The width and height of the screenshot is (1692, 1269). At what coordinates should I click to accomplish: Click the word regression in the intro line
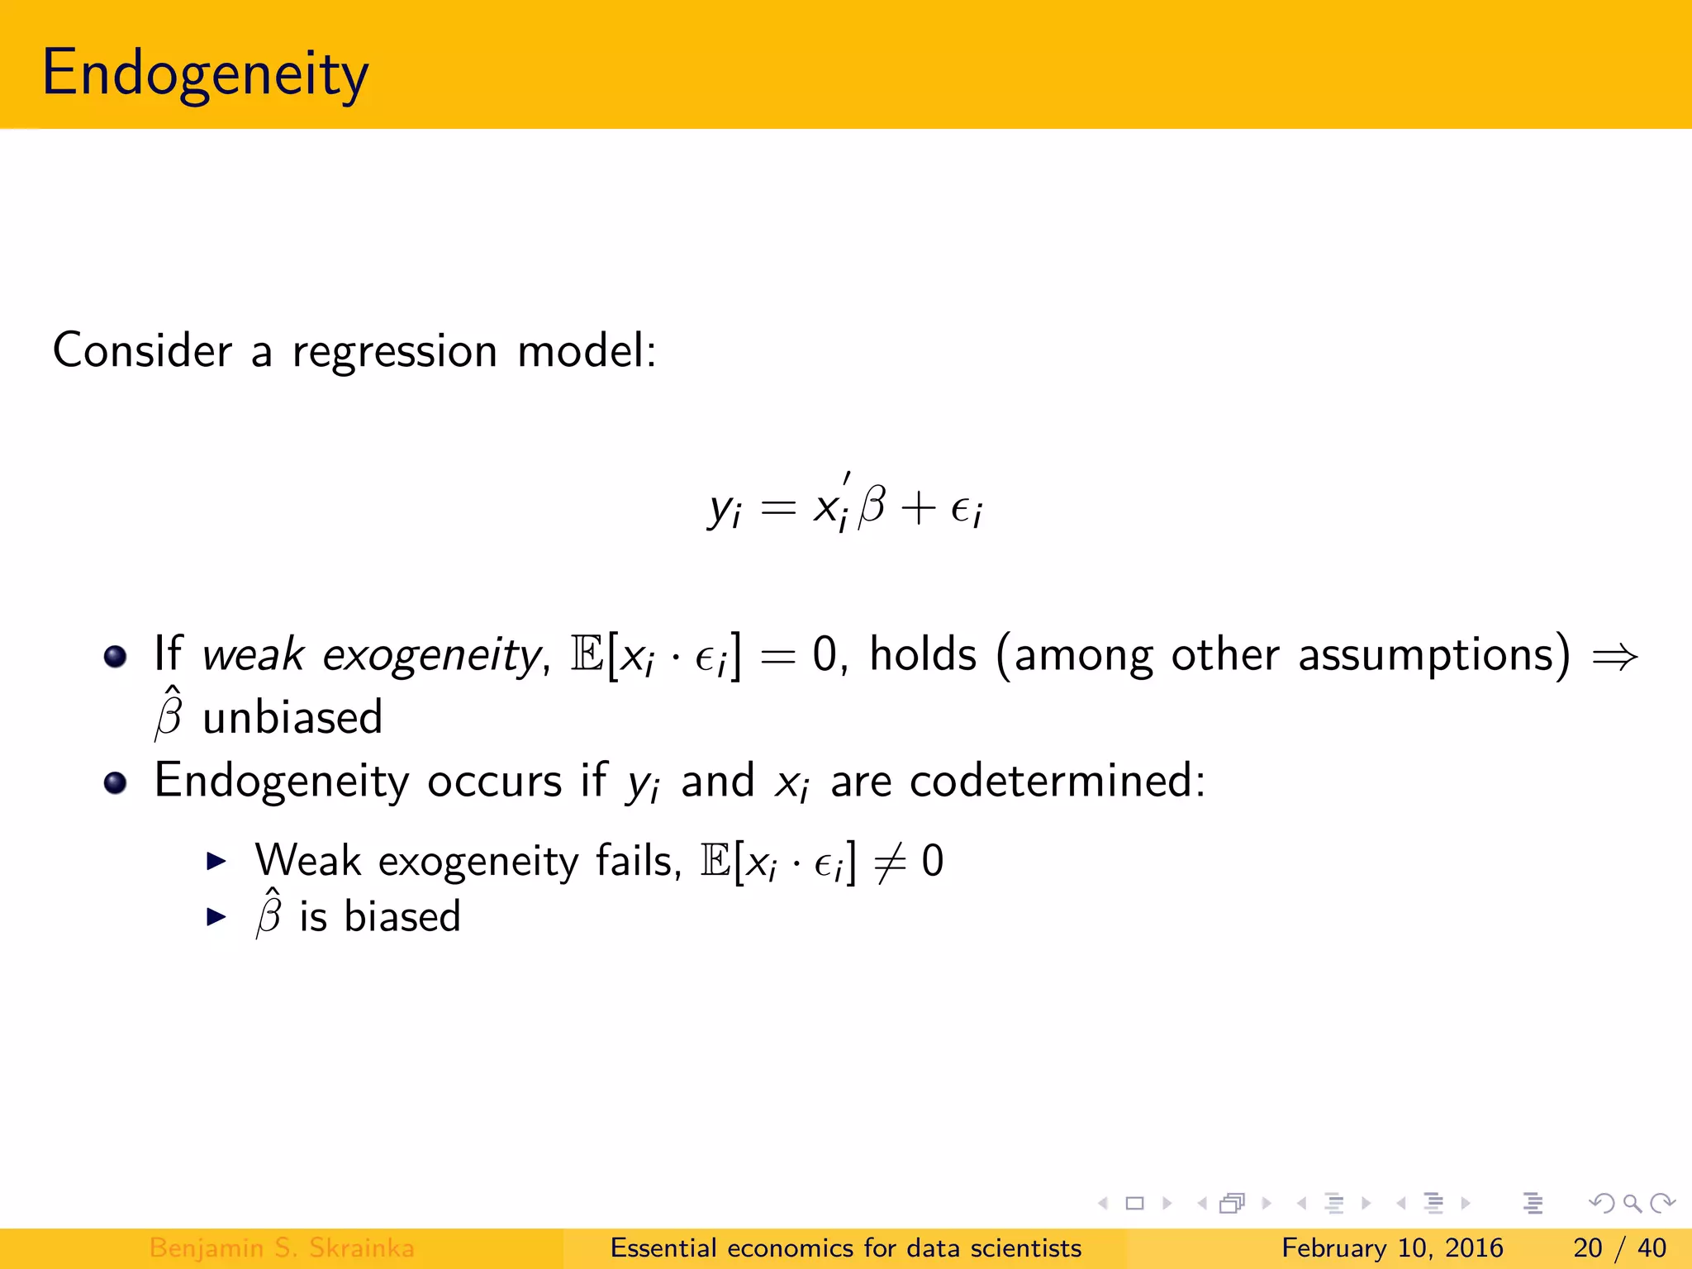[x=394, y=350]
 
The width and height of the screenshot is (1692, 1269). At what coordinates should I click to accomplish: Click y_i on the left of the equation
[x=725, y=507]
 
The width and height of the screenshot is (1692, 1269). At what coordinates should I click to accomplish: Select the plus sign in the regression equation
[x=918, y=507]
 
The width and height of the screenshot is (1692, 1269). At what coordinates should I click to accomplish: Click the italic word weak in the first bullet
[x=253, y=655]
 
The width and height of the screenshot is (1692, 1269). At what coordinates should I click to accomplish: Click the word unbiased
[x=292, y=717]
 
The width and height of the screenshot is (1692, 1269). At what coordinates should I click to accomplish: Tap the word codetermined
[x=1057, y=780]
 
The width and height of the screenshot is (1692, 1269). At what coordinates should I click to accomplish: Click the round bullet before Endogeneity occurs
[x=116, y=782]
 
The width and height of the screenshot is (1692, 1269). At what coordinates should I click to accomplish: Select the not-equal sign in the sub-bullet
[x=890, y=863]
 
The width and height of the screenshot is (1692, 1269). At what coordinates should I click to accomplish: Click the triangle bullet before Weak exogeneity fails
[x=216, y=862]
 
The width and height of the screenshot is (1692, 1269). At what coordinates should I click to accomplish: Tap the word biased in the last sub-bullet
[x=402, y=916]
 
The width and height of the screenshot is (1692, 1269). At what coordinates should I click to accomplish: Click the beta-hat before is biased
[x=269, y=913]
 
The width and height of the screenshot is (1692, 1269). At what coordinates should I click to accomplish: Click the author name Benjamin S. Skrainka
[x=282, y=1248]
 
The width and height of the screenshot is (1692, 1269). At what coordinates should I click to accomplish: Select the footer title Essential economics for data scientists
[x=845, y=1248]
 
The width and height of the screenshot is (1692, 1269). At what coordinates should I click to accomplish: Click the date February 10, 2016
[x=1392, y=1248]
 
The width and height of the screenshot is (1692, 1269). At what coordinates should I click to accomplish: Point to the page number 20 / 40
[x=1619, y=1248]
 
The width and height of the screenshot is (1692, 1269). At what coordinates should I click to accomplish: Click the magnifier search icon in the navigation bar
[x=1632, y=1204]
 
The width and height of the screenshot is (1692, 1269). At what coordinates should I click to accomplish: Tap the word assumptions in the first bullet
[x=1433, y=655]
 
